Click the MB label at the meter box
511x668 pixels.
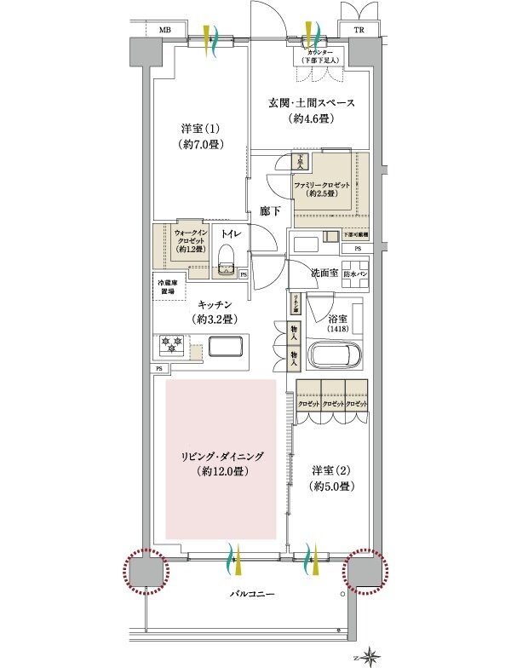(164, 29)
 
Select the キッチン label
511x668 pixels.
(215, 312)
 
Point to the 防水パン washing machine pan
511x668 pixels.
(354, 274)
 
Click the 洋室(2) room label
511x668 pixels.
(329, 478)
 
